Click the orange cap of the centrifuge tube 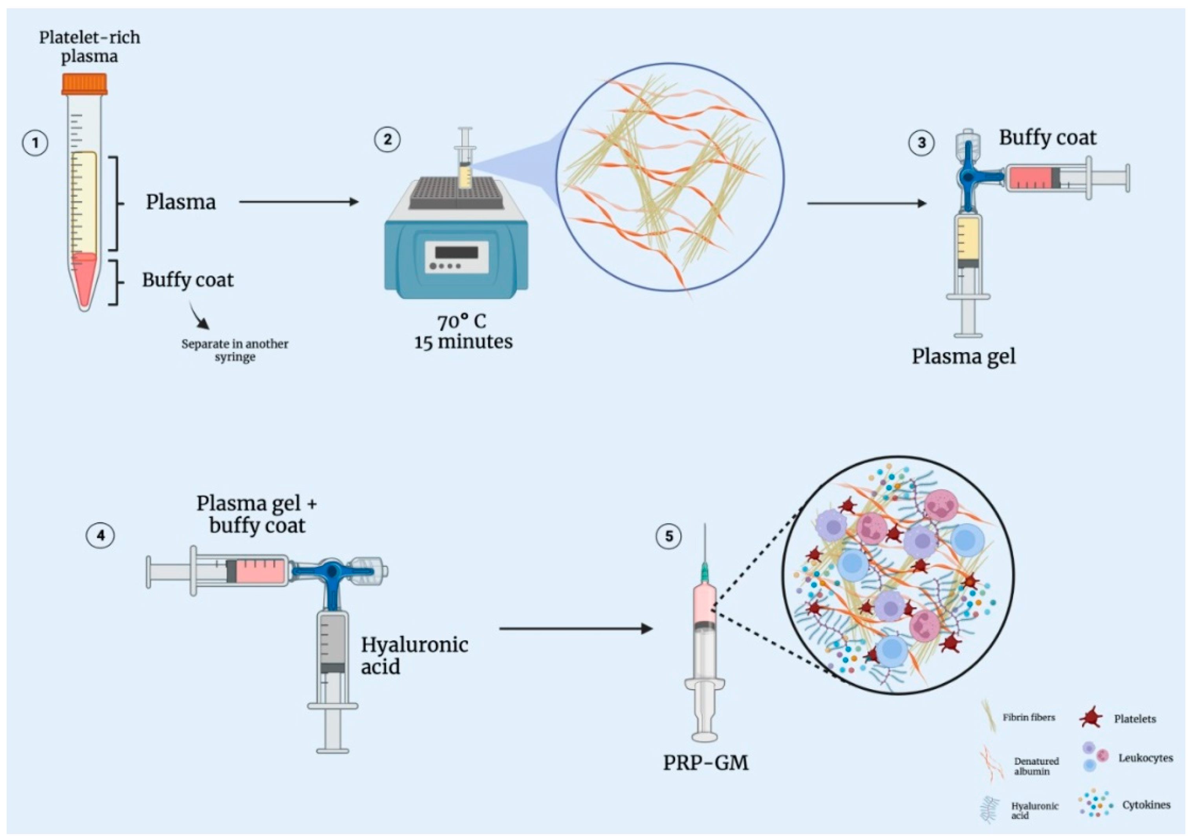84,84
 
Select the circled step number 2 387,140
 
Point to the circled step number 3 921,142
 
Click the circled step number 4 100,535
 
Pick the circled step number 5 669,536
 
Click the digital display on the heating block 456,253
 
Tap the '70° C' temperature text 461,321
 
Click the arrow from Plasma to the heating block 298,202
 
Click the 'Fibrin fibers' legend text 1029,717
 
